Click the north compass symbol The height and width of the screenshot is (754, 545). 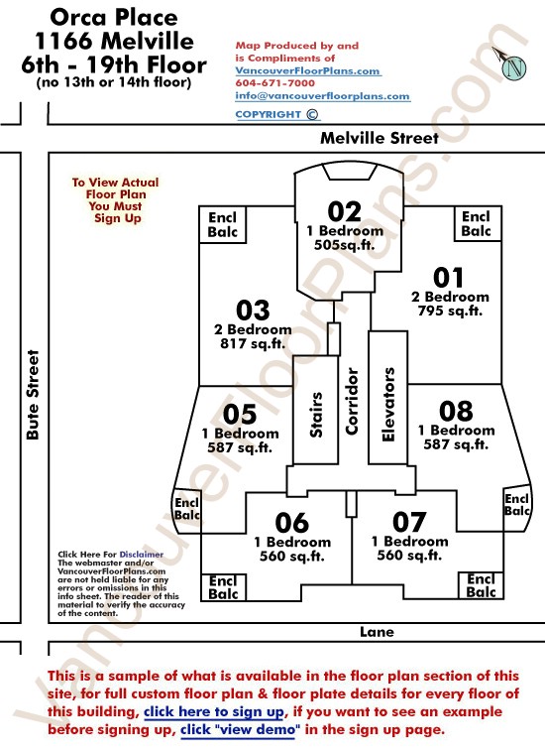click(x=511, y=63)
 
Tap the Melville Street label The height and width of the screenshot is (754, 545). click(x=380, y=138)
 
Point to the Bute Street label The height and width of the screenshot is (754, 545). click(x=33, y=394)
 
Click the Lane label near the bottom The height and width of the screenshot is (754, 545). click(x=377, y=632)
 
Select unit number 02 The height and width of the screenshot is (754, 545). click(x=344, y=211)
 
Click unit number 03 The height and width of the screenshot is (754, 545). click(x=253, y=311)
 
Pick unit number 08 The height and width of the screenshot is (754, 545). click(x=456, y=411)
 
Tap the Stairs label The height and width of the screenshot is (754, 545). click(x=315, y=415)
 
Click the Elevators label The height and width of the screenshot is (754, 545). click(x=388, y=405)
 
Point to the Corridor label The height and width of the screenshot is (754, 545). click(x=352, y=402)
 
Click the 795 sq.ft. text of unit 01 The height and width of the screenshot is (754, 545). click(x=450, y=312)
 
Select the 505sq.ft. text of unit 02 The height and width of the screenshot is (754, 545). click(x=344, y=245)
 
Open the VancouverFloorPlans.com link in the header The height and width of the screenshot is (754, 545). click(x=308, y=70)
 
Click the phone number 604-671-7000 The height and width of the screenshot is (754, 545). click(x=275, y=82)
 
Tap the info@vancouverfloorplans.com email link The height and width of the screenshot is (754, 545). click(x=322, y=95)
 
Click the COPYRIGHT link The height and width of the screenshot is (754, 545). click(x=276, y=114)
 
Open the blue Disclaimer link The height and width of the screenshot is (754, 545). click(x=142, y=555)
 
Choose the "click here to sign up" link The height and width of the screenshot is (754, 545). click(x=214, y=711)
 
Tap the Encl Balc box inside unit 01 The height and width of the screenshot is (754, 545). click(x=478, y=223)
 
